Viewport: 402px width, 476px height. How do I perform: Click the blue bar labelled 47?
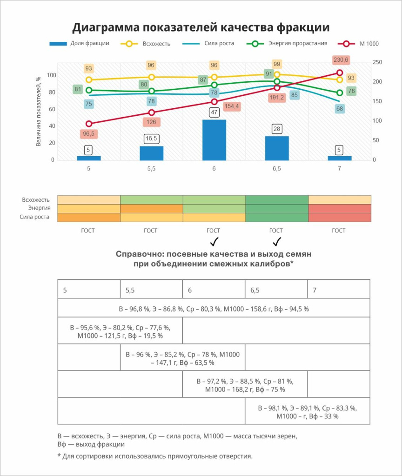(x=214, y=140)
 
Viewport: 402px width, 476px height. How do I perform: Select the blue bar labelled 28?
(x=277, y=148)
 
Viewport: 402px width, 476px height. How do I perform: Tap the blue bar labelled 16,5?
(x=152, y=153)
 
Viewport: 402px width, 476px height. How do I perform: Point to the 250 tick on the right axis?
(x=377, y=62)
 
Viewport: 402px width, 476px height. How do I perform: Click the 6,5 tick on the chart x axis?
(x=276, y=169)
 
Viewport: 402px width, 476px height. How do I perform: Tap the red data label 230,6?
(x=341, y=60)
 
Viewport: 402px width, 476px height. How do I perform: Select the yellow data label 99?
(x=277, y=64)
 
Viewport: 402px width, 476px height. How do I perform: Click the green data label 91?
(x=269, y=74)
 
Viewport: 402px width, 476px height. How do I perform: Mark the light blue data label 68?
(x=340, y=109)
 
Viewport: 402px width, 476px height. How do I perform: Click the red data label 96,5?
(x=88, y=134)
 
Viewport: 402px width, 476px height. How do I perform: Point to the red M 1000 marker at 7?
(x=340, y=73)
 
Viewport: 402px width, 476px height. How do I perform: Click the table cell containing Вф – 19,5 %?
(x=120, y=331)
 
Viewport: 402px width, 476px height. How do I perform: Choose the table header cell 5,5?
(x=151, y=290)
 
